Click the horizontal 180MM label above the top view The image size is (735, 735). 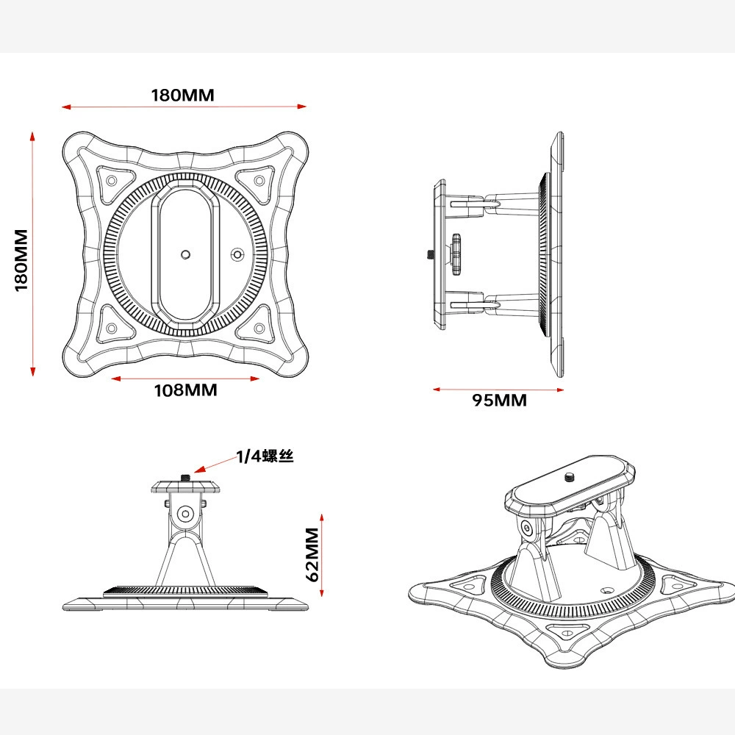(x=182, y=95)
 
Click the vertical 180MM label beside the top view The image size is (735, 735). (x=21, y=260)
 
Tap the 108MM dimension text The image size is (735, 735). (x=186, y=390)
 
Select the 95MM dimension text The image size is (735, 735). (x=499, y=401)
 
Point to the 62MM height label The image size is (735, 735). (x=312, y=554)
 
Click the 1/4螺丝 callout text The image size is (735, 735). (x=265, y=456)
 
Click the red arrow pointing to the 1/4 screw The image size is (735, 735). (x=216, y=464)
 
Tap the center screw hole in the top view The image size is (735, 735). (x=186, y=255)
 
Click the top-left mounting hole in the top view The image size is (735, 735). (x=112, y=181)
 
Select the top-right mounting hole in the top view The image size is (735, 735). (x=259, y=181)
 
